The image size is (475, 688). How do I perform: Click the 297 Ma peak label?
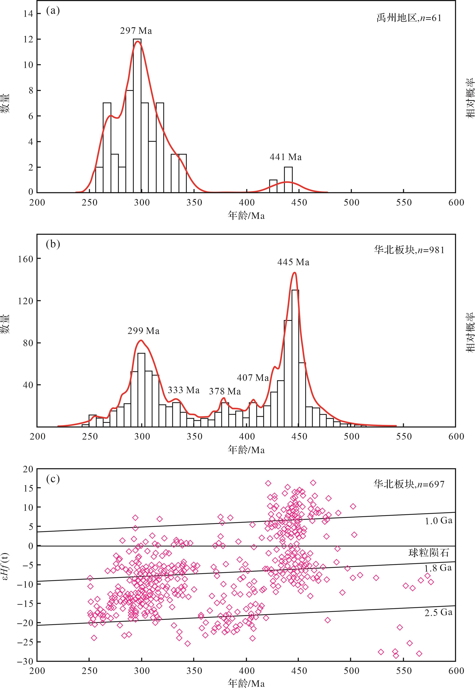[x=136, y=31]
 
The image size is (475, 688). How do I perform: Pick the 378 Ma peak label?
[x=225, y=391]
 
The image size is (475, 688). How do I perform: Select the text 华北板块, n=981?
[x=409, y=250]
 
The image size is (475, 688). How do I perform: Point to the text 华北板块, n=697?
[x=409, y=484]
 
